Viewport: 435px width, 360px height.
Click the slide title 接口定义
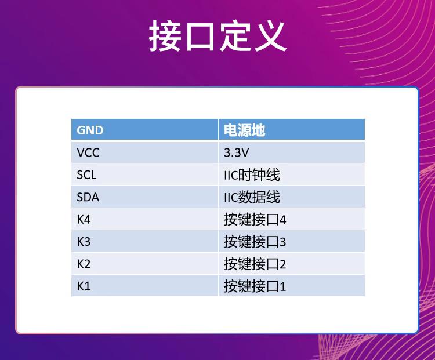pos(217,36)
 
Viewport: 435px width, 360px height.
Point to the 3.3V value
pos(237,153)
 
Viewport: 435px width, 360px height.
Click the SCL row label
pos(86,175)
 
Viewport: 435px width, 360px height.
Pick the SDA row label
pos(88,197)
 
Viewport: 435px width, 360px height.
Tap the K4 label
pos(84,219)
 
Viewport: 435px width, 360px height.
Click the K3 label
pos(84,242)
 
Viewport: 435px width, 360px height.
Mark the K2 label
pos(84,264)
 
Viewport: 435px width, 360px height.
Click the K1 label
pos(84,286)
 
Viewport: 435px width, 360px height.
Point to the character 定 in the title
pos(235,36)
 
